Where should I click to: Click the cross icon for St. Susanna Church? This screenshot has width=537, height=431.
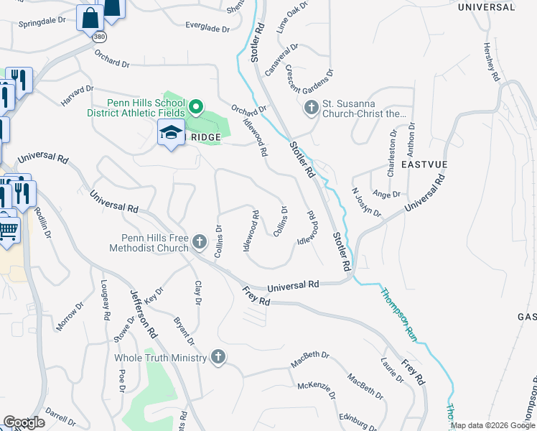point(311,108)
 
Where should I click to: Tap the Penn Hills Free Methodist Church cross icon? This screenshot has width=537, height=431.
point(200,244)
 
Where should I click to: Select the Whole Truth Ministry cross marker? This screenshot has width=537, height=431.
point(218,358)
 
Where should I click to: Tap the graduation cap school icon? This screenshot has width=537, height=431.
point(171,133)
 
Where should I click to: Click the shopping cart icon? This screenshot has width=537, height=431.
point(8,231)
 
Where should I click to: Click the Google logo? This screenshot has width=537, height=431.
point(24,422)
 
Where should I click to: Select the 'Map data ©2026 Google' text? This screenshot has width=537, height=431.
point(492,425)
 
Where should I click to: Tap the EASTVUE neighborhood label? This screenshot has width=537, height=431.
point(424,164)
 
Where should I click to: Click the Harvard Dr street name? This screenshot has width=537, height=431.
point(78,96)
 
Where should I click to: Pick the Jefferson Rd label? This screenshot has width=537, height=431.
point(143,314)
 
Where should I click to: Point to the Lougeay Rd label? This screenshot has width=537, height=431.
point(105,300)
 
